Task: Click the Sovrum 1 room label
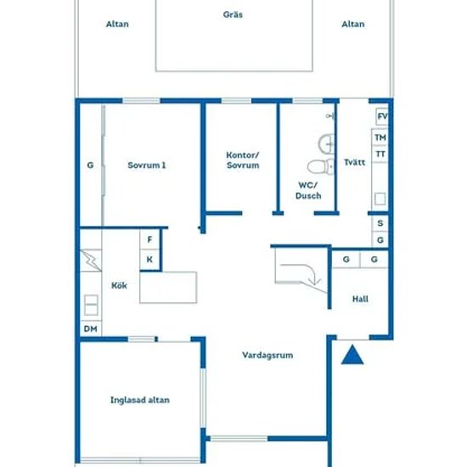tap(147, 166)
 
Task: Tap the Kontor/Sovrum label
tap(243, 160)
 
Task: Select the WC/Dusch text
tap(308, 190)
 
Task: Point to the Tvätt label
tap(354, 162)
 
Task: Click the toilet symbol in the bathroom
tap(320, 166)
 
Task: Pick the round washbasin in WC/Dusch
tap(326, 144)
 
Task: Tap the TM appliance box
tap(380, 138)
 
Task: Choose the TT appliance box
tap(380, 154)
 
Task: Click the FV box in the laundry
tap(382, 116)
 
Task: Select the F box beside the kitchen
tap(149, 239)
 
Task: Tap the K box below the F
tap(149, 260)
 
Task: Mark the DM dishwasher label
tap(91, 329)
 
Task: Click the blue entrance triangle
tap(352, 355)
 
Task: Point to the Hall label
tap(360, 299)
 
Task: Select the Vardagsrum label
tap(267, 355)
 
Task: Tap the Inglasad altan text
tap(140, 400)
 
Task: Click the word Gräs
tap(233, 14)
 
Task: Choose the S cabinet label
tap(380, 223)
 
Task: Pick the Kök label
tap(119, 285)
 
